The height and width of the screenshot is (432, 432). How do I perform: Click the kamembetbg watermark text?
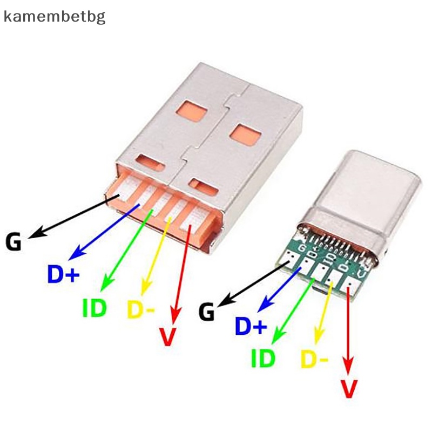point(55,16)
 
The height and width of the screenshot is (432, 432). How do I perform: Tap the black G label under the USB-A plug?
point(13,241)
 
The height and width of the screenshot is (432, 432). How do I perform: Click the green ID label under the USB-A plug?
point(94,308)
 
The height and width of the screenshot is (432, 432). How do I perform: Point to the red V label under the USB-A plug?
point(168,336)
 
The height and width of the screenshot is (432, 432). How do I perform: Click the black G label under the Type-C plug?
point(207,312)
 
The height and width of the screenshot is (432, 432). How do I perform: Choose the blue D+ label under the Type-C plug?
point(251,326)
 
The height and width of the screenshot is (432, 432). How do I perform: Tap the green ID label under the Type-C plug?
point(263,358)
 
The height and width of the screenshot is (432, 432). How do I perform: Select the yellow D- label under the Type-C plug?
point(314,359)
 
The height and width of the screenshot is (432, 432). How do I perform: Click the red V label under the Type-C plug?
point(350,389)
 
